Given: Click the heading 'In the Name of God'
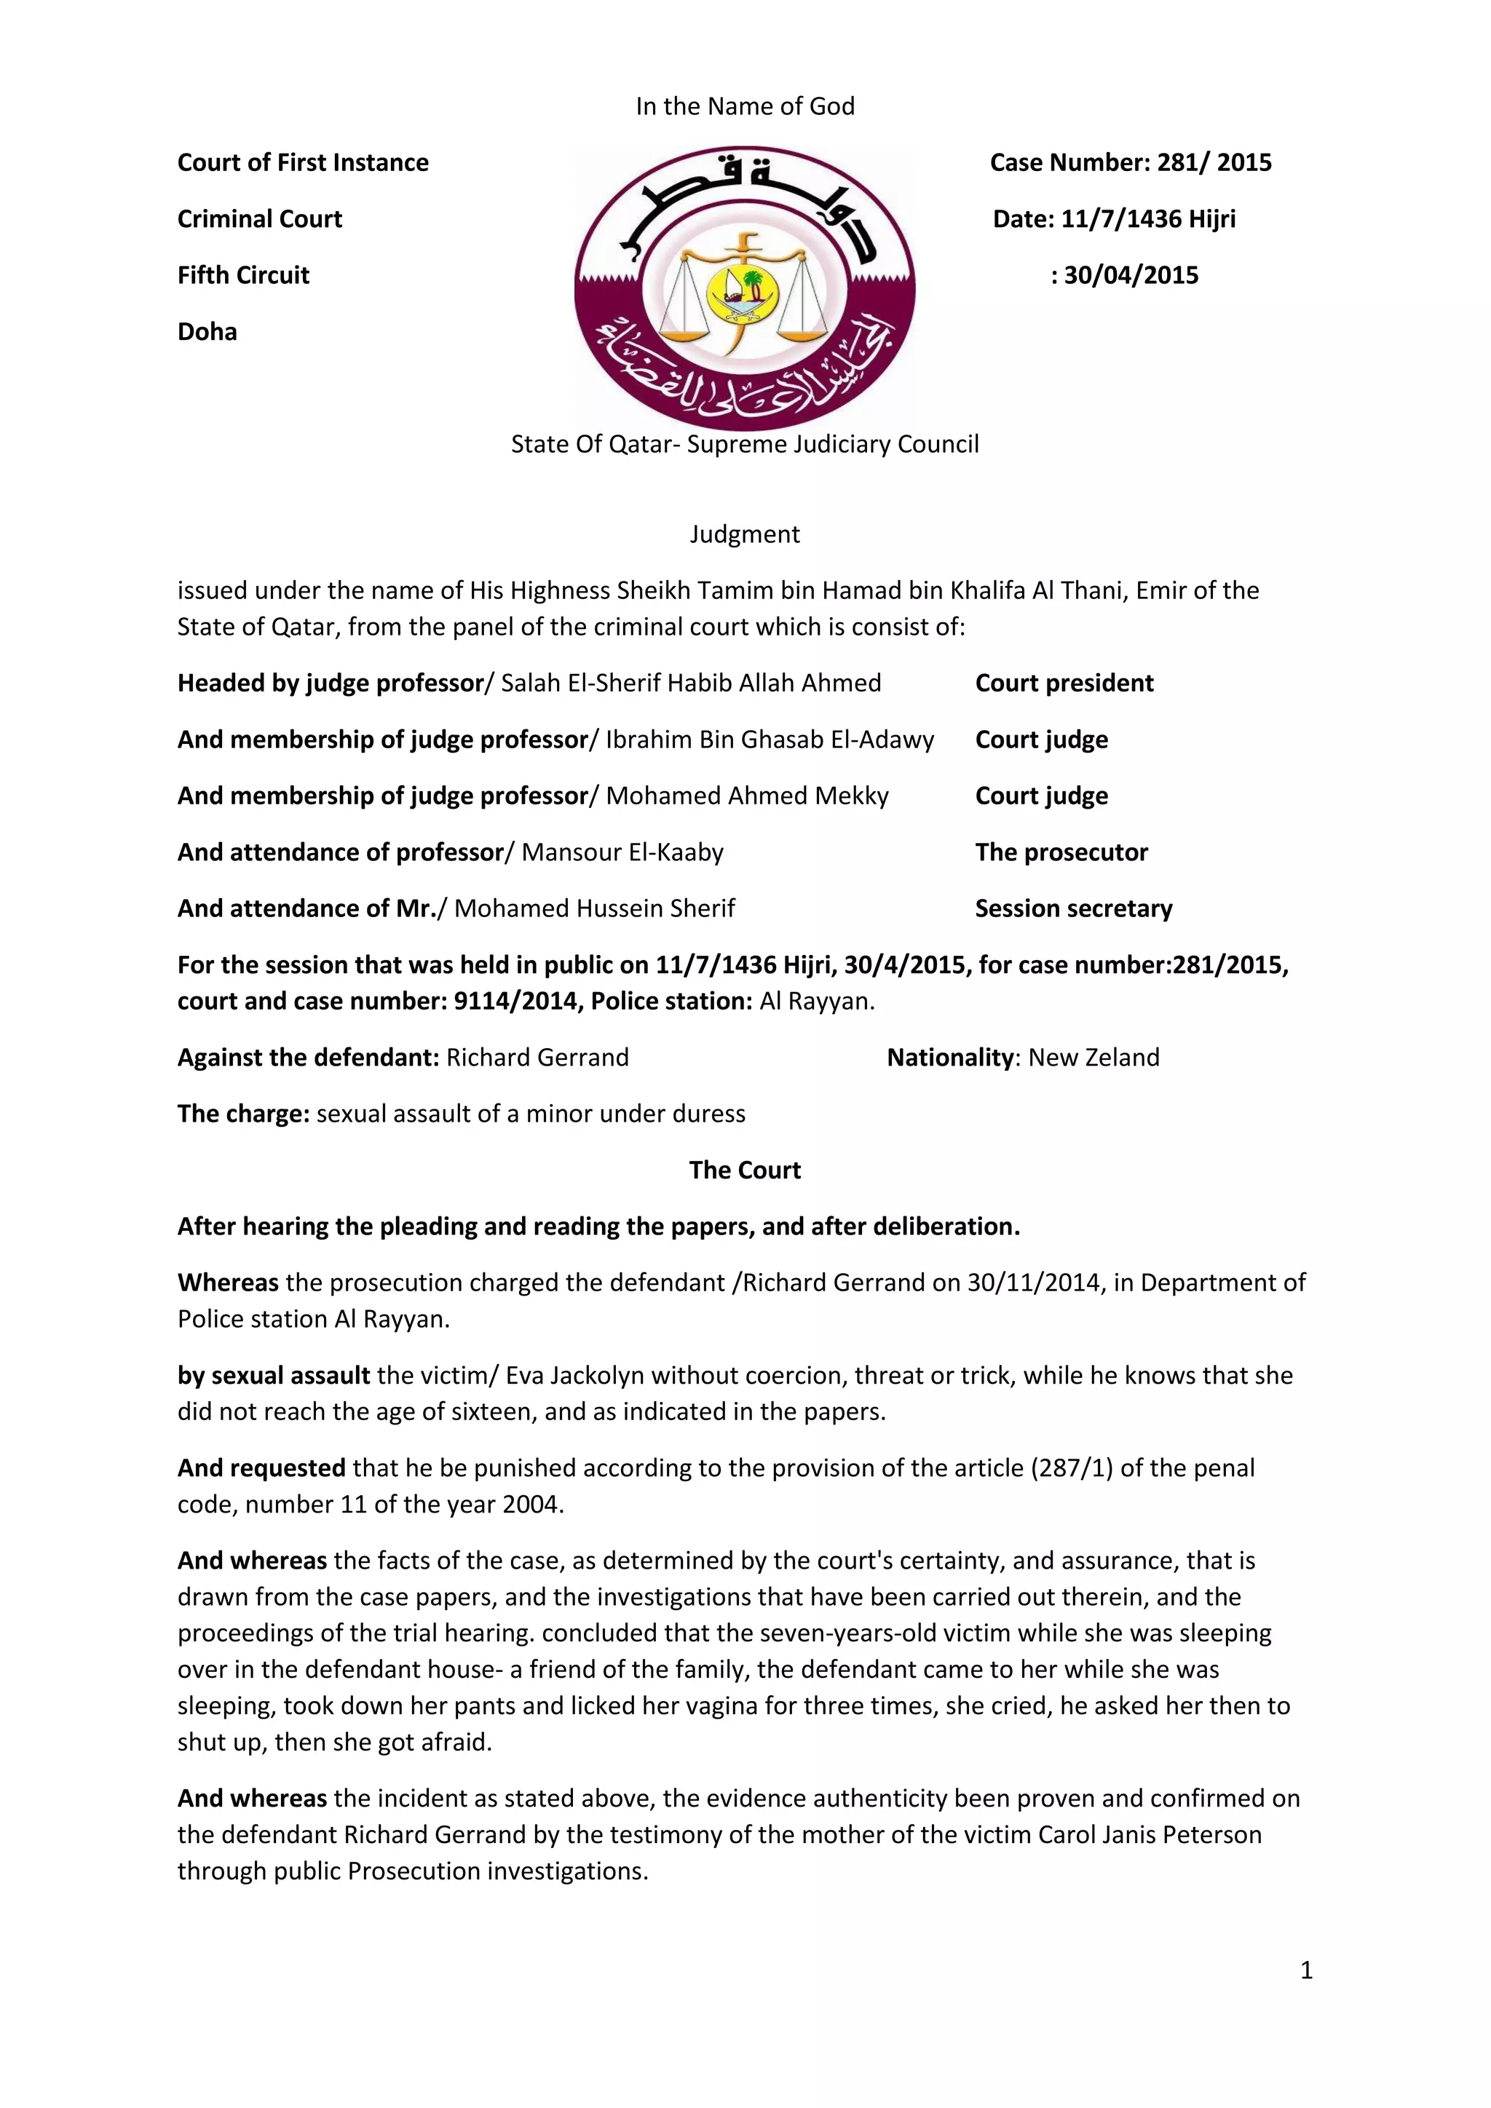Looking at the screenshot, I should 745,106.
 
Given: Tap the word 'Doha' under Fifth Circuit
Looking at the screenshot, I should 207,331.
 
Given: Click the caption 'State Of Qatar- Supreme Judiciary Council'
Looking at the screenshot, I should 745,444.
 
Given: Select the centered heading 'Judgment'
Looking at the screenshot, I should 745,534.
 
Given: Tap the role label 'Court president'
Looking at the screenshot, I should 1064,683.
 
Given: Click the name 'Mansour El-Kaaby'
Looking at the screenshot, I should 622,852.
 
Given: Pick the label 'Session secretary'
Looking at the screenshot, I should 1073,908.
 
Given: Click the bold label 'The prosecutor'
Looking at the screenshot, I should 1061,852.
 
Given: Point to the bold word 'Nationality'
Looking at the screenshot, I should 949,1057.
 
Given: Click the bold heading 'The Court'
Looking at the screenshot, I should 745,1170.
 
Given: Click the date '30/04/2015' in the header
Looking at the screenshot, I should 1131,275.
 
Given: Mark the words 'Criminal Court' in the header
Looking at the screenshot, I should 259,218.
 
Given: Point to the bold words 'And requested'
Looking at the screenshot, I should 261,1467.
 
